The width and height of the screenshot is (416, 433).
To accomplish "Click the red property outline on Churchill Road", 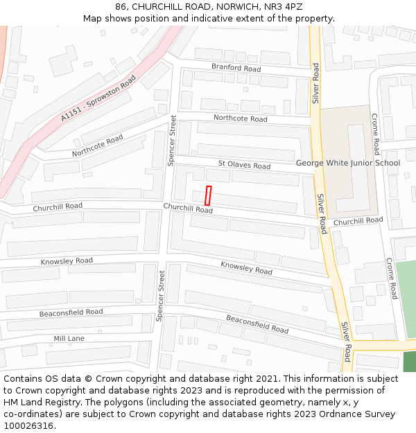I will pyautogui.click(x=208, y=195).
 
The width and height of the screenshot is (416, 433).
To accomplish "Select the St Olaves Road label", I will pyautogui.click(x=244, y=166).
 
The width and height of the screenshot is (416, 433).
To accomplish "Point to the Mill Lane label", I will pyautogui.click(x=69, y=338).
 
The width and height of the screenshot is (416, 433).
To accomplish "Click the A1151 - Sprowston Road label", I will pyautogui.click(x=98, y=99).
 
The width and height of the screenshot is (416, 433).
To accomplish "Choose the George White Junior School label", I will pyautogui.click(x=348, y=164).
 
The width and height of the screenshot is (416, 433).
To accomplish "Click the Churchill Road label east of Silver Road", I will pyautogui.click(x=358, y=221).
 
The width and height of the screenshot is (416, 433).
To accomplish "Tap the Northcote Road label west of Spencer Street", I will pyautogui.click(x=97, y=145).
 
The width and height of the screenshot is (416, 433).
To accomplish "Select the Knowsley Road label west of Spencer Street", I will pyautogui.click(x=67, y=261).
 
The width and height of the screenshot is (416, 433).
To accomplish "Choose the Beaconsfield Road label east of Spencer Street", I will pyautogui.click(x=257, y=324).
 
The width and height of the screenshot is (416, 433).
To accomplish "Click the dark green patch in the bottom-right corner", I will pyautogui.click(x=410, y=362).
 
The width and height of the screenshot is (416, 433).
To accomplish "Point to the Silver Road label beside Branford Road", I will pyautogui.click(x=315, y=83).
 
